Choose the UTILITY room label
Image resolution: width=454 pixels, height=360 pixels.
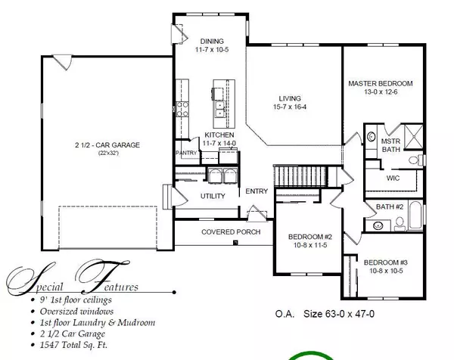(213, 196)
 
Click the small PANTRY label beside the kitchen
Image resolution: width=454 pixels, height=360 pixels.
(185, 153)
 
